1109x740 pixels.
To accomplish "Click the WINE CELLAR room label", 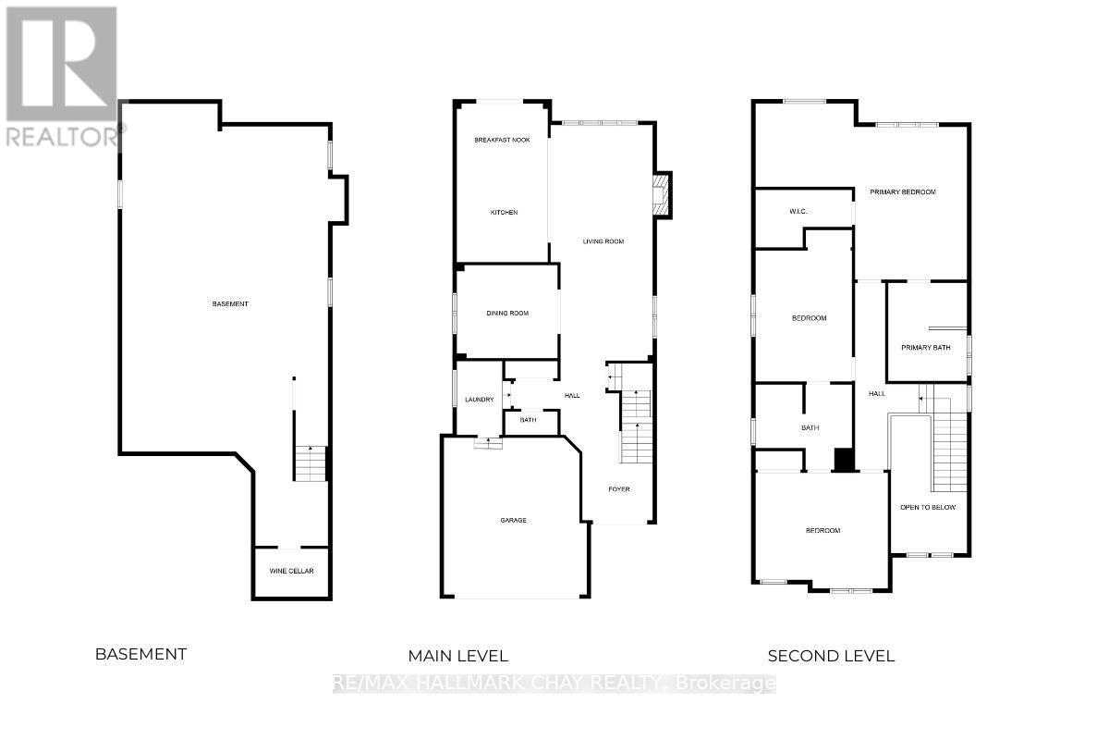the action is point(291,571).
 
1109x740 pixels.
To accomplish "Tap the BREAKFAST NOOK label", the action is point(502,141).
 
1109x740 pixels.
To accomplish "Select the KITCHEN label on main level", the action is point(504,212).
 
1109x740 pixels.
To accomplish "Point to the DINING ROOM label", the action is point(507,314).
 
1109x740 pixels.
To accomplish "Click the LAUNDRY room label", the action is point(480,400).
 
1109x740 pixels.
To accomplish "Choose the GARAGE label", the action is point(514,520).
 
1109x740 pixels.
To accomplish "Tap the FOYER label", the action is point(619,489).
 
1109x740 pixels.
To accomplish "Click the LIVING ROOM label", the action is point(603,241).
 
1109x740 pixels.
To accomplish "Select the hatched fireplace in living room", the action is point(661,195).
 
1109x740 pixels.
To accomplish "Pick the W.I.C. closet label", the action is point(798,212).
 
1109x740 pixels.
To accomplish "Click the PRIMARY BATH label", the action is point(926,348).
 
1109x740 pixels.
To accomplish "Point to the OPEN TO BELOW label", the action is point(928,507).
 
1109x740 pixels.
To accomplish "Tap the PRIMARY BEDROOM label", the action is point(903,191).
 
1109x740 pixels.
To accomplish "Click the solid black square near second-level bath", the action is point(845,460).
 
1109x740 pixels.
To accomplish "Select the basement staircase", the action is point(311,462).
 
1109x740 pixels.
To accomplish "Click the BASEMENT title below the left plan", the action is point(141,654).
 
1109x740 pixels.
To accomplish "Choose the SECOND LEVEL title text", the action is point(831,656).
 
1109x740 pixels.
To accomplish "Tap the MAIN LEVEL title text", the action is point(458,656).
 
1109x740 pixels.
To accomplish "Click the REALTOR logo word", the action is point(63,136).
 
